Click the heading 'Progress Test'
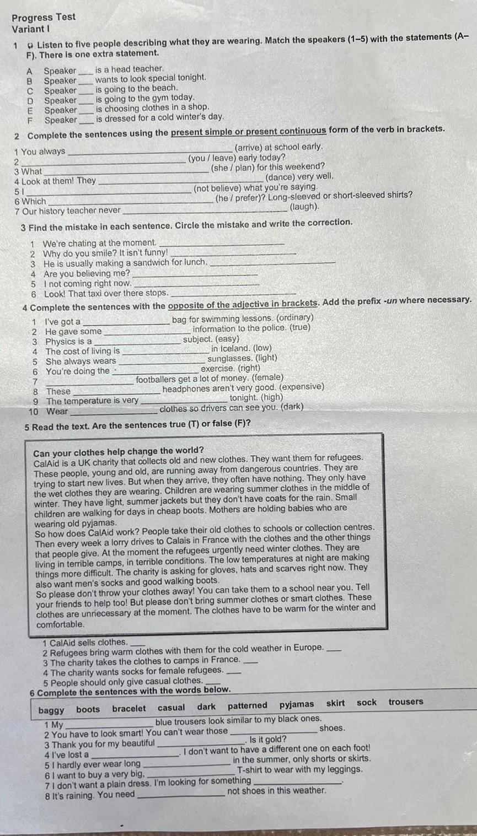point(44,17)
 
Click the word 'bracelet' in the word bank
point(129,709)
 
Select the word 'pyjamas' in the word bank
point(296,704)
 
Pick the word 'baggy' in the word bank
point(51,710)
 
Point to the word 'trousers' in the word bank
point(405,702)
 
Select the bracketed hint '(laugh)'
point(304,207)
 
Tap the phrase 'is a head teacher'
point(130,69)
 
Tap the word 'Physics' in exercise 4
point(60,341)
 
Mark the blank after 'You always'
point(149,152)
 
